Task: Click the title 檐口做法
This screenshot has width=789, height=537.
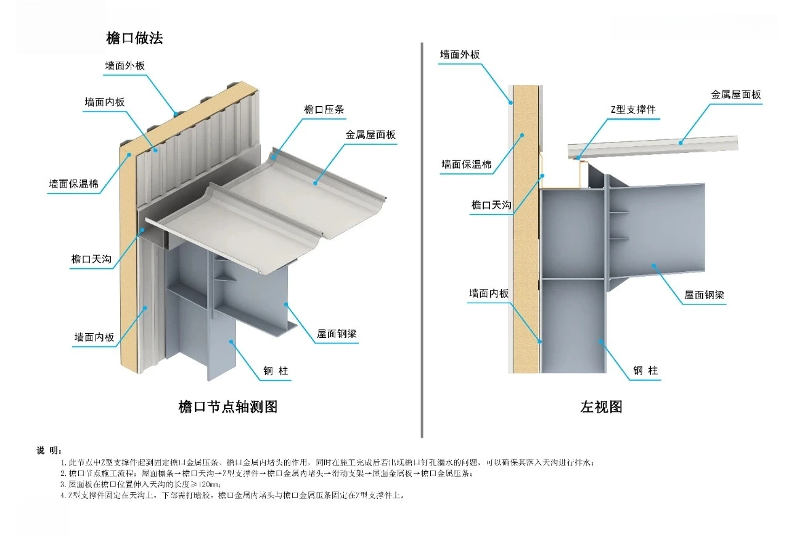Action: [134, 38]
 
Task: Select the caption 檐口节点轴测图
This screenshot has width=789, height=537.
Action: [228, 407]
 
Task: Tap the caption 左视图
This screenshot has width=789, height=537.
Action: [601, 407]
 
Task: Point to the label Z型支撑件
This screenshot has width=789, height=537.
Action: [633, 109]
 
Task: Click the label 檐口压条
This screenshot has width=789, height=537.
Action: [324, 110]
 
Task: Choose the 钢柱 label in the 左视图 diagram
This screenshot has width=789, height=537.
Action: [645, 371]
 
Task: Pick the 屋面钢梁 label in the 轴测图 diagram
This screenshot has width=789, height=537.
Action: [337, 334]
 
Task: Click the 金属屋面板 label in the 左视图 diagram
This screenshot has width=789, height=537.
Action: [736, 94]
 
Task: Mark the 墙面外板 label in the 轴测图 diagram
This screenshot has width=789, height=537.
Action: [125, 65]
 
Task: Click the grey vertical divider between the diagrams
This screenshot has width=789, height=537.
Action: [422, 240]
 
